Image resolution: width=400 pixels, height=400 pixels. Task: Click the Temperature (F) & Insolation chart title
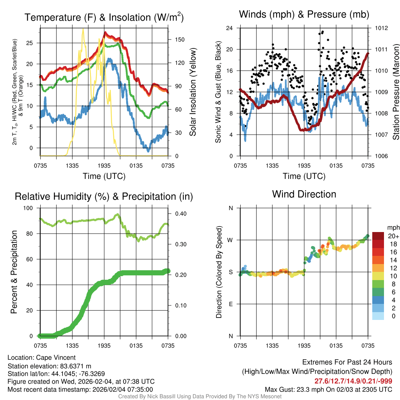click(x=104, y=17)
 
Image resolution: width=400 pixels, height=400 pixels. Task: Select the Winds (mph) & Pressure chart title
click(x=304, y=15)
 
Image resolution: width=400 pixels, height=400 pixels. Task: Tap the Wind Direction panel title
click(x=304, y=194)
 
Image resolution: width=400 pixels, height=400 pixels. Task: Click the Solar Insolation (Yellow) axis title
click(x=193, y=92)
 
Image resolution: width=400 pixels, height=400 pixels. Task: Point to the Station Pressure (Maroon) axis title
click(x=395, y=92)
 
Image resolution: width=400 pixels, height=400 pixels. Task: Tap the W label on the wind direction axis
click(x=230, y=240)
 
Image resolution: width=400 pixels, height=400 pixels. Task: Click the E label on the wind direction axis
click(x=231, y=304)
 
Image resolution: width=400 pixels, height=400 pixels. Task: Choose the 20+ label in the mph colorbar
click(x=393, y=236)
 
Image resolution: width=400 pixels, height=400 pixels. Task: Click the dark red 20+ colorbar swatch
click(x=378, y=236)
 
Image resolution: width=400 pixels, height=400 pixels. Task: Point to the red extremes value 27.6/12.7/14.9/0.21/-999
click(x=353, y=381)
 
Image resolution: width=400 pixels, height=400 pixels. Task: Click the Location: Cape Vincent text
click(x=41, y=357)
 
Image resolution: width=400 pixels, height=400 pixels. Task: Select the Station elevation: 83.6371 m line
click(x=49, y=366)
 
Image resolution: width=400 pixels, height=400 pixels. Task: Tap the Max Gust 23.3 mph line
click(x=328, y=389)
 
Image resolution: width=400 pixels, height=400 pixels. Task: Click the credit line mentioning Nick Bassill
click(x=200, y=396)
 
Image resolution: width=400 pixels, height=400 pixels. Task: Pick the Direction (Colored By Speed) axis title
click(x=219, y=272)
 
